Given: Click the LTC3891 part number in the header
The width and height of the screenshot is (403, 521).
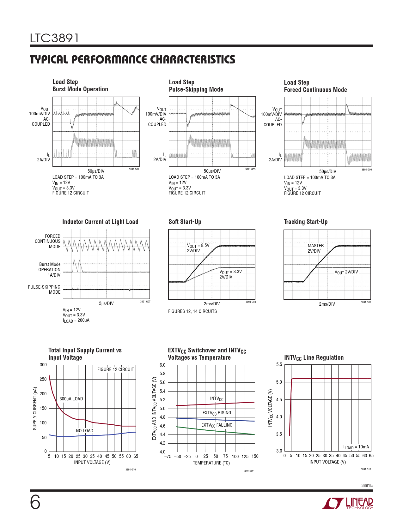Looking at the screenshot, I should click(x=54, y=38).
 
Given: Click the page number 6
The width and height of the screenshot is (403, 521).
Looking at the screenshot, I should click(x=35, y=502).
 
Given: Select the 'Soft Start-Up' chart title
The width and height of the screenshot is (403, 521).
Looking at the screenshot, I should click(x=185, y=222).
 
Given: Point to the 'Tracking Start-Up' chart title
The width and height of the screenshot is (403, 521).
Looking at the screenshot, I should click(x=306, y=222).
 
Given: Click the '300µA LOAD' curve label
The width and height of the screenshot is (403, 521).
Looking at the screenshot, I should click(x=71, y=399).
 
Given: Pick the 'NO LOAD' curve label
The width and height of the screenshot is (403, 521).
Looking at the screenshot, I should click(x=84, y=431).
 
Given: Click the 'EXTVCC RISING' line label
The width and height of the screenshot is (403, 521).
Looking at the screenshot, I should click(x=217, y=413).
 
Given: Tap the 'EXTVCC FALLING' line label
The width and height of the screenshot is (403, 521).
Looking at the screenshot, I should click(x=217, y=425).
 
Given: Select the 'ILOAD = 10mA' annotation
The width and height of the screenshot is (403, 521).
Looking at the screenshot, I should click(x=356, y=447).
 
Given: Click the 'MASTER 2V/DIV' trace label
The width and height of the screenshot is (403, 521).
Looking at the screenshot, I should click(x=315, y=248).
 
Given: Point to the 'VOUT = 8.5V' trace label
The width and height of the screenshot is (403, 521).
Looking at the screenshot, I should click(x=198, y=245).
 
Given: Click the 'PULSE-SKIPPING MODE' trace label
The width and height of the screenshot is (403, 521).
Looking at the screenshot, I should click(x=44, y=290).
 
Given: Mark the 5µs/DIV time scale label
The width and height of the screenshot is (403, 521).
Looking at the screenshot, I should click(x=106, y=303).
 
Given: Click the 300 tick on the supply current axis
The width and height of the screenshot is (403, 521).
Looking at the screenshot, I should click(x=43, y=365).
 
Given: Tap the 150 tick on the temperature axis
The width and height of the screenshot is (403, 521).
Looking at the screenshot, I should click(x=255, y=456).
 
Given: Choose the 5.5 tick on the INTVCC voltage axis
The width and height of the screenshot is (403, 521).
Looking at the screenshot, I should click(x=279, y=364).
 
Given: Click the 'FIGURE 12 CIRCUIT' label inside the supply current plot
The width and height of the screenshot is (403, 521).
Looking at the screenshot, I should click(x=116, y=369).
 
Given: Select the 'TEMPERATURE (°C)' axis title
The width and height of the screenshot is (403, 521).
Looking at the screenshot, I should click(x=211, y=463).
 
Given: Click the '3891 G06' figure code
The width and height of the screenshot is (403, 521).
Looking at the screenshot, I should click(x=366, y=170).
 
